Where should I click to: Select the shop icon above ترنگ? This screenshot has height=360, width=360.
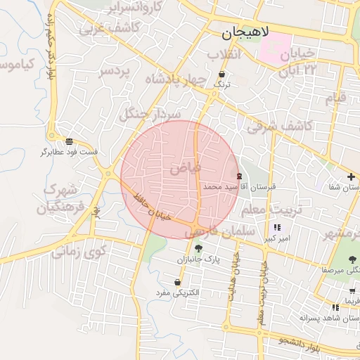pyautogui.click(x=223, y=74)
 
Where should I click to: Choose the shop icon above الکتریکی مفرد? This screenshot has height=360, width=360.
pyautogui.click(x=176, y=281)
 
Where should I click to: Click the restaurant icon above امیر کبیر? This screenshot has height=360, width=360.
pyautogui.click(x=277, y=227)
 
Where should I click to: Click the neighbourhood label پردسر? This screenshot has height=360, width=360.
pyautogui.click(x=114, y=72)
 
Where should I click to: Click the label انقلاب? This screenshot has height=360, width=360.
pyautogui.click(x=224, y=54)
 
